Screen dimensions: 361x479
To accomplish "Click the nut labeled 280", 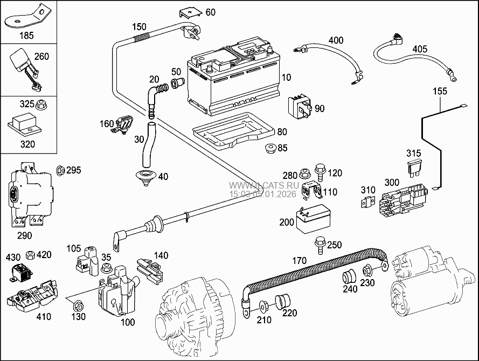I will [x=305, y=173].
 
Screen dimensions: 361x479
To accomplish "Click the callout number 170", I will [x=300, y=261].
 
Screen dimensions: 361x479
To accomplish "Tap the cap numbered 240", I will [x=349, y=277].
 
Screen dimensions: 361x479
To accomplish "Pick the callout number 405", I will [x=419, y=49].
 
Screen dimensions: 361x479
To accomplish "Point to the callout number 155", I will [x=440, y=91].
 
